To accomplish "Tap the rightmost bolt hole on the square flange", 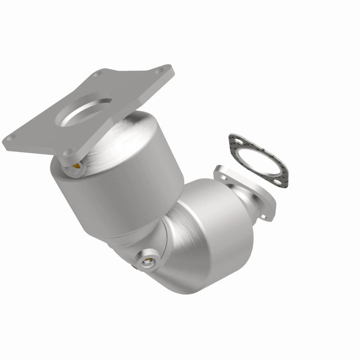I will (x=159, y=71).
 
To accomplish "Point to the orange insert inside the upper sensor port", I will (x=74, y=164).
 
